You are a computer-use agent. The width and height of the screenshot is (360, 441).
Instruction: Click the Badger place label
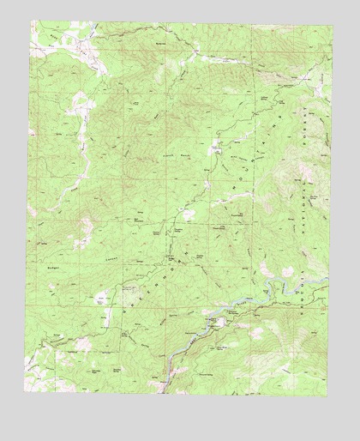click(48, 269)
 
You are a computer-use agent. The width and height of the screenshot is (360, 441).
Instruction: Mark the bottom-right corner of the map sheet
click(328, 396)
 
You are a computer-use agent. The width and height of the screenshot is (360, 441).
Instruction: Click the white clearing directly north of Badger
click(85, 227)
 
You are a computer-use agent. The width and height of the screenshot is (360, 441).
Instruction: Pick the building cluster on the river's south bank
click(219, 323)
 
